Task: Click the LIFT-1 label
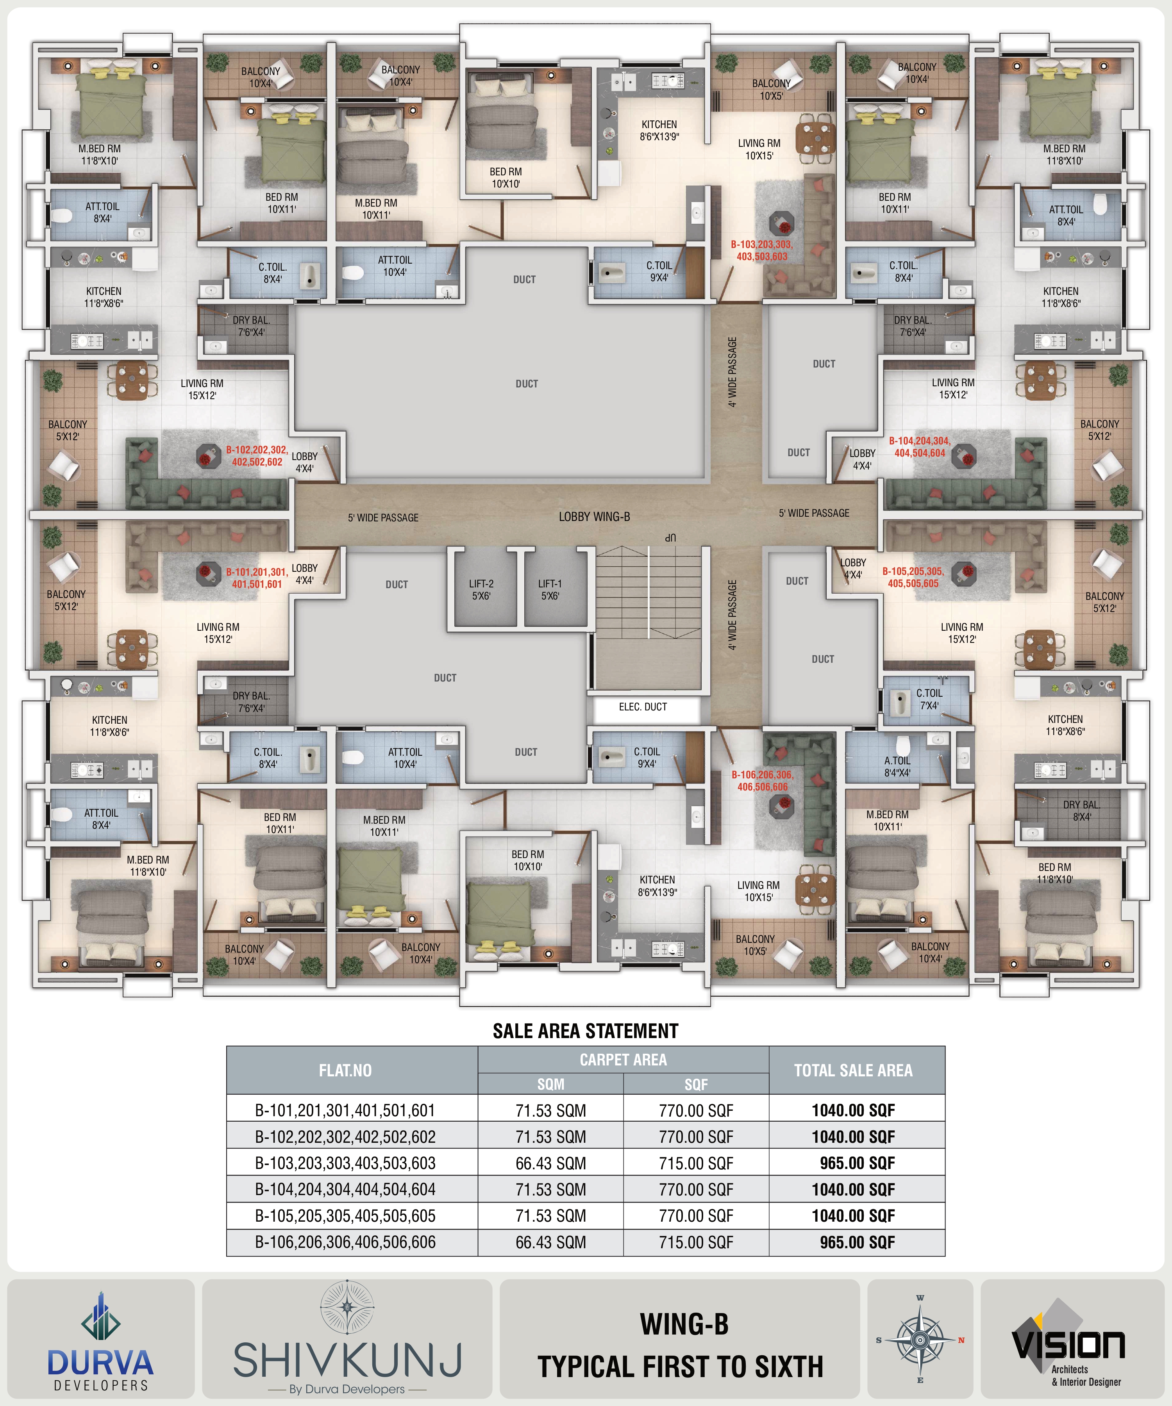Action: coord(550,590)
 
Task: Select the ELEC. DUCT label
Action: coord(643,707)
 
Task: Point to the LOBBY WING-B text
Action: coord(595,517)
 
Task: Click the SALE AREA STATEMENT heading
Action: coord(585,1031)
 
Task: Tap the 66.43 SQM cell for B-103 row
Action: coord(550,1163)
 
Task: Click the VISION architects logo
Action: coord(1068,1346)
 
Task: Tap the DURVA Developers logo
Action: coord(100,1342)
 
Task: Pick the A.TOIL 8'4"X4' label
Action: coord(897,767)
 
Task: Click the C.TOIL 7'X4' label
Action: coord(929,699)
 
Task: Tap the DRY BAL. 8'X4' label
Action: coord(1082,811)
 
